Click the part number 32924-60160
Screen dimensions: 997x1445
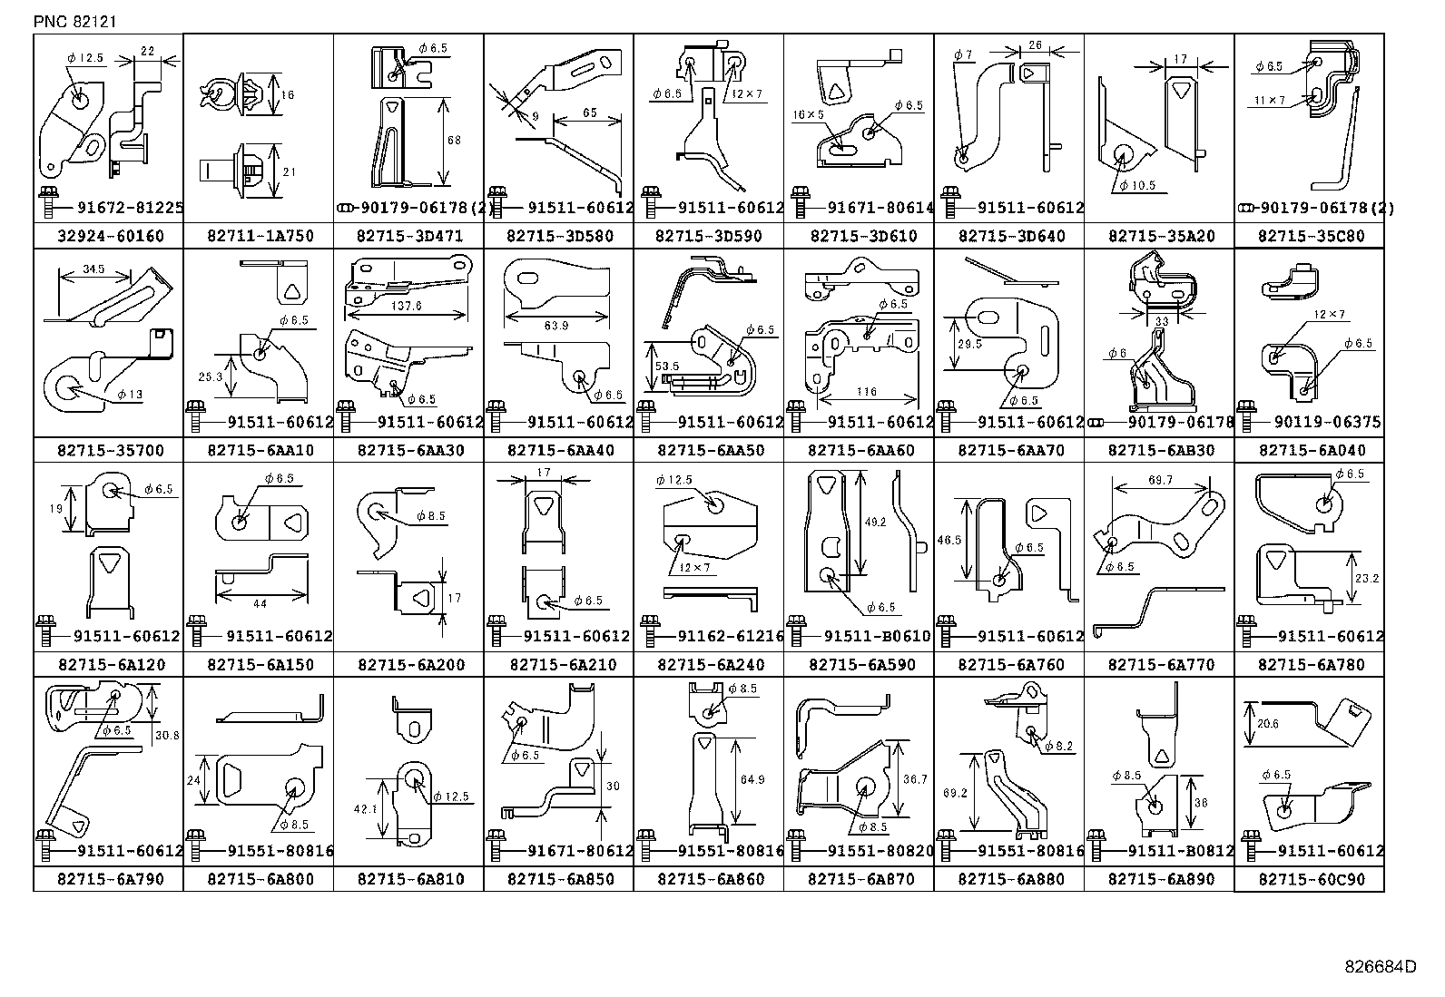point(110,237)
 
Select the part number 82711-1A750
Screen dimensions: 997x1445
point(260,237)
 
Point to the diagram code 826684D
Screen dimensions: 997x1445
point(1380,967)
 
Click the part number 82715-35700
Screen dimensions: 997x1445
point(110,451)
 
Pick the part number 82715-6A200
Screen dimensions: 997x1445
point(410,665)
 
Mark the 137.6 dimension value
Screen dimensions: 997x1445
point(407,307)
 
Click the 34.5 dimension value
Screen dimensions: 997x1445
point(93,269)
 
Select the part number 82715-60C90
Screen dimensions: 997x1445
point(1311,880)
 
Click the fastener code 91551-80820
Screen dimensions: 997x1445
point(880,851)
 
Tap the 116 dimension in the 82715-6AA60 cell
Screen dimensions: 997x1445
point(866,392)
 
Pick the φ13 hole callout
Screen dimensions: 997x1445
point(129,395)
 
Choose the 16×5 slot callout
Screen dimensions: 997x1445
point(808,114)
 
